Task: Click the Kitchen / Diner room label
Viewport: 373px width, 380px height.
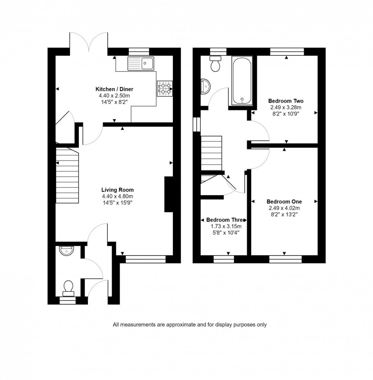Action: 114,89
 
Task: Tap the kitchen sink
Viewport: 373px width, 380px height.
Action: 141,63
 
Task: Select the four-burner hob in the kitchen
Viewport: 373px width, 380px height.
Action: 164,89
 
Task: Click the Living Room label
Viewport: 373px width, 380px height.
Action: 117,190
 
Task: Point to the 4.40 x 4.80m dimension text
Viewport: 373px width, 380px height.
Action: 117,196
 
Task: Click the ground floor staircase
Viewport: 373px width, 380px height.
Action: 67,176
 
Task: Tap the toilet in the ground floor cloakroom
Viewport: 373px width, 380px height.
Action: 69,288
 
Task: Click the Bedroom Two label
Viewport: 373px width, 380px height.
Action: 285,101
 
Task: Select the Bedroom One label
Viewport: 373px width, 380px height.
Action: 284,202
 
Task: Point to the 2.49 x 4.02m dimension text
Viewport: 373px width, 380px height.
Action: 284,208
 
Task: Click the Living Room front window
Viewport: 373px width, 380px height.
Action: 146,259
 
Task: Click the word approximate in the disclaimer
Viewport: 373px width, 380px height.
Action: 177,325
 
